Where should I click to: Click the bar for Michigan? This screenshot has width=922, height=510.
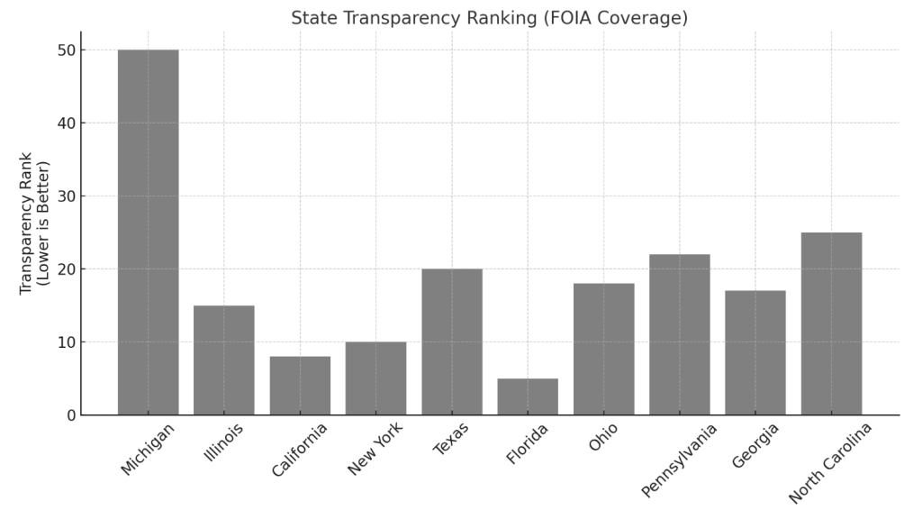tap(148, 232)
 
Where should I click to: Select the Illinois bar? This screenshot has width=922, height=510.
tap(224, 360)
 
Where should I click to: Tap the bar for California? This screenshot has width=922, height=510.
tap(300, 386)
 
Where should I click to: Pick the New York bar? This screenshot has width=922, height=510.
tap(375, 378)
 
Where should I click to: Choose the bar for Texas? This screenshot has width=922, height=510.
tap(452, 342)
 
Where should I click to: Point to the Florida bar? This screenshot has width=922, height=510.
tap(528, 396)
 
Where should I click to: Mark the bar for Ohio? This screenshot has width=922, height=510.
tap(603, 350)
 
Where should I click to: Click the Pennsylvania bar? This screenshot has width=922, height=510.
tap(680, 335)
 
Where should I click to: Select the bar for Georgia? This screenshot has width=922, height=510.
tap(755, 353)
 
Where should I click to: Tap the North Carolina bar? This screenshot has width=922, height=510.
tap(831, 324)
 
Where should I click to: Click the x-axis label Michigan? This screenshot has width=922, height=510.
tap(147, 451)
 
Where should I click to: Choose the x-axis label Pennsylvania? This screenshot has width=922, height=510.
tap(680, 460)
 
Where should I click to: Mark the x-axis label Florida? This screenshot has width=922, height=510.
tap(527, 445)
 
